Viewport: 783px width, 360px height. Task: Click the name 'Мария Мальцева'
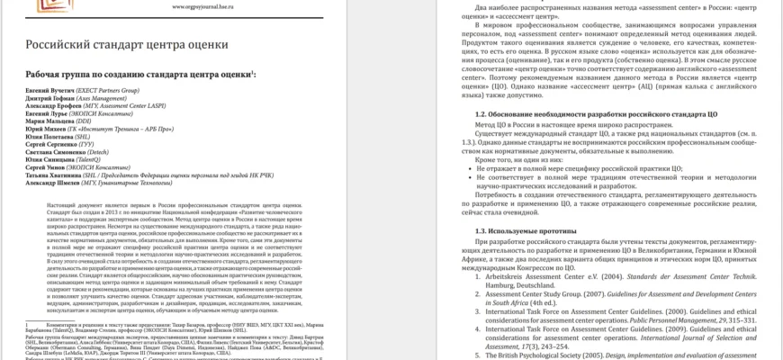click(50, 125)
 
